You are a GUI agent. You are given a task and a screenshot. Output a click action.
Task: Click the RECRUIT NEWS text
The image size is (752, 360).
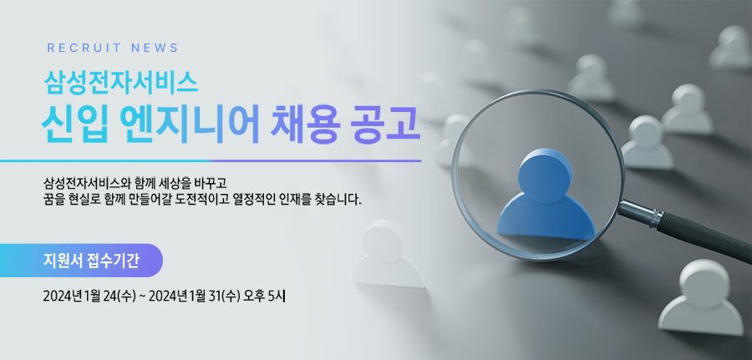click(x=113, y=48)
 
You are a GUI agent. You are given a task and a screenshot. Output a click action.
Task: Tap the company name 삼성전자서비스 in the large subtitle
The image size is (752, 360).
click(x=120, y=83)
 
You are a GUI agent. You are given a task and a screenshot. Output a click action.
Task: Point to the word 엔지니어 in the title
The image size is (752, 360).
click(x=190, y=124)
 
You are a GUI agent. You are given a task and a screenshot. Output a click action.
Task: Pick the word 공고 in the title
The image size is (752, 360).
click(x=388, y=124)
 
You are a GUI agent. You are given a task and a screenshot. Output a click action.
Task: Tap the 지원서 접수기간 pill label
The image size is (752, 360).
click(x=90, y=261)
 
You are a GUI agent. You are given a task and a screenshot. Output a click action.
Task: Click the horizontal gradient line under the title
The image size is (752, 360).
click(x=211, y=160)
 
